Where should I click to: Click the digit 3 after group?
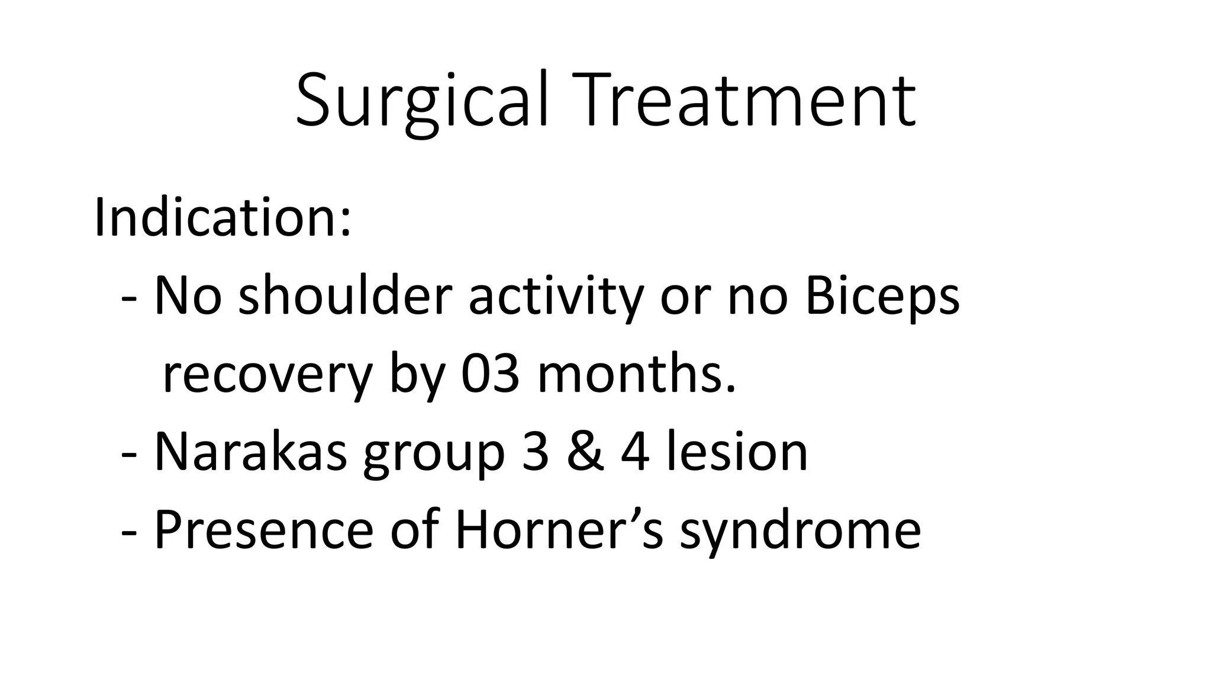point(535,453)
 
